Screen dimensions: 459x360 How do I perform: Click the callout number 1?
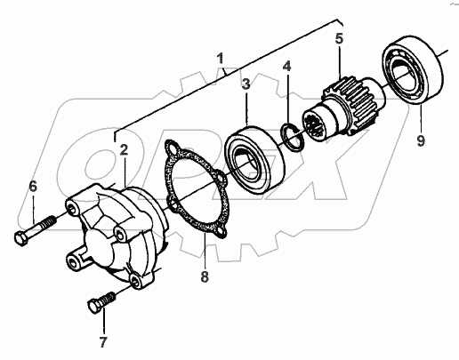(220, 59)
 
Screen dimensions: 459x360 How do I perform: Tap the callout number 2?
(124, 150)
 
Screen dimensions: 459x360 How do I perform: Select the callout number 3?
(246, 84)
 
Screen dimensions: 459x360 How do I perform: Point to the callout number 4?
(286, 67)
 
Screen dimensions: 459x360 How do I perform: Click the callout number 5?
(339, 39)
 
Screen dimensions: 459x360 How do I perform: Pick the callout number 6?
(33, 187)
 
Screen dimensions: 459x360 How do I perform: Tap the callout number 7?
(103, 342)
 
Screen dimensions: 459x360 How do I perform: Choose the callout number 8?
(205, 277)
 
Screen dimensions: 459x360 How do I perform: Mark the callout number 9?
(421, 140)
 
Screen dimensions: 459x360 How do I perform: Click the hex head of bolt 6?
(21, 238)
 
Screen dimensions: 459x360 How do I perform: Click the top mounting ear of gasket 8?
(173, 148)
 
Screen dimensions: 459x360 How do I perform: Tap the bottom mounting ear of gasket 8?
(221, 232)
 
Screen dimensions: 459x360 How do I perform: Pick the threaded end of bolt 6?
(48, 223)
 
